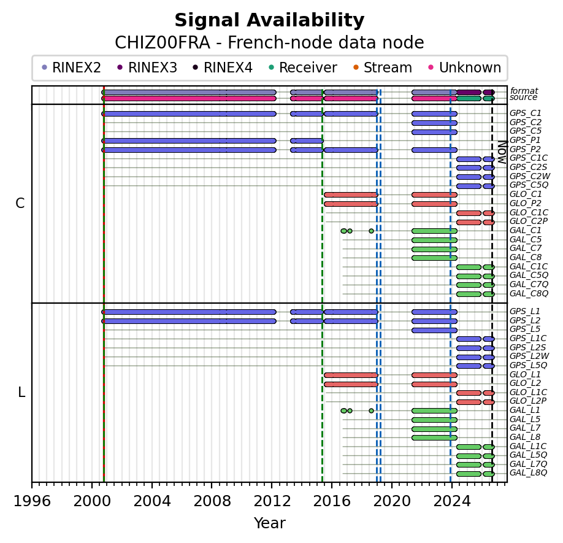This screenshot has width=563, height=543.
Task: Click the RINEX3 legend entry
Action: [x=147, y=67]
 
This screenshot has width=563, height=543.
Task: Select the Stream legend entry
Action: [x=383, y=67]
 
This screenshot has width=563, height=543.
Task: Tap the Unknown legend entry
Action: [x=465, y=67]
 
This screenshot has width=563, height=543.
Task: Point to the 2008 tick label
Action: [x=212, y=501]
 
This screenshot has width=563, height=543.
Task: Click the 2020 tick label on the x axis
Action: [x=392, y=501]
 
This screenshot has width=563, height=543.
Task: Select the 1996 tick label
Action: [x=32, y=501]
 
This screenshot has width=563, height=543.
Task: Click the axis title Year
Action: [x=270, y=523]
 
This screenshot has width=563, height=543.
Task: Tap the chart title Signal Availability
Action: [x=270, y=20]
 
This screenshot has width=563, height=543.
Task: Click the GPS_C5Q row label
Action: [x=529, y=185]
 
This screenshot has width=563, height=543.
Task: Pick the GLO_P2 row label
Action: [x=526, y=203]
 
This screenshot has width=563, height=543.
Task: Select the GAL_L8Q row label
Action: [x=528, y=472]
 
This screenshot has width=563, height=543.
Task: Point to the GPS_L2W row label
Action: [x=529, y=356]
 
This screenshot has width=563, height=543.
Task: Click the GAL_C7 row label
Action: [x=526, y=248]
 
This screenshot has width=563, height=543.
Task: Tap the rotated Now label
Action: [x=502, y=152]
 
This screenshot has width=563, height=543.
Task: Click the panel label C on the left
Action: [x=20, y=204]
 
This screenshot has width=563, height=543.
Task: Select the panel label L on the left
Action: [x=21, y=393]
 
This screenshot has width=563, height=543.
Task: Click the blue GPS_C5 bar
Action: [x=434, y=132]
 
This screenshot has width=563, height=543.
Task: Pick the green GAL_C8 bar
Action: [x=434, y=258]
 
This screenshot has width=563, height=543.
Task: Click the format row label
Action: [x=524, y=91]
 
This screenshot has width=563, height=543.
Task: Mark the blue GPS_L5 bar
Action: [x=434, y=330]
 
